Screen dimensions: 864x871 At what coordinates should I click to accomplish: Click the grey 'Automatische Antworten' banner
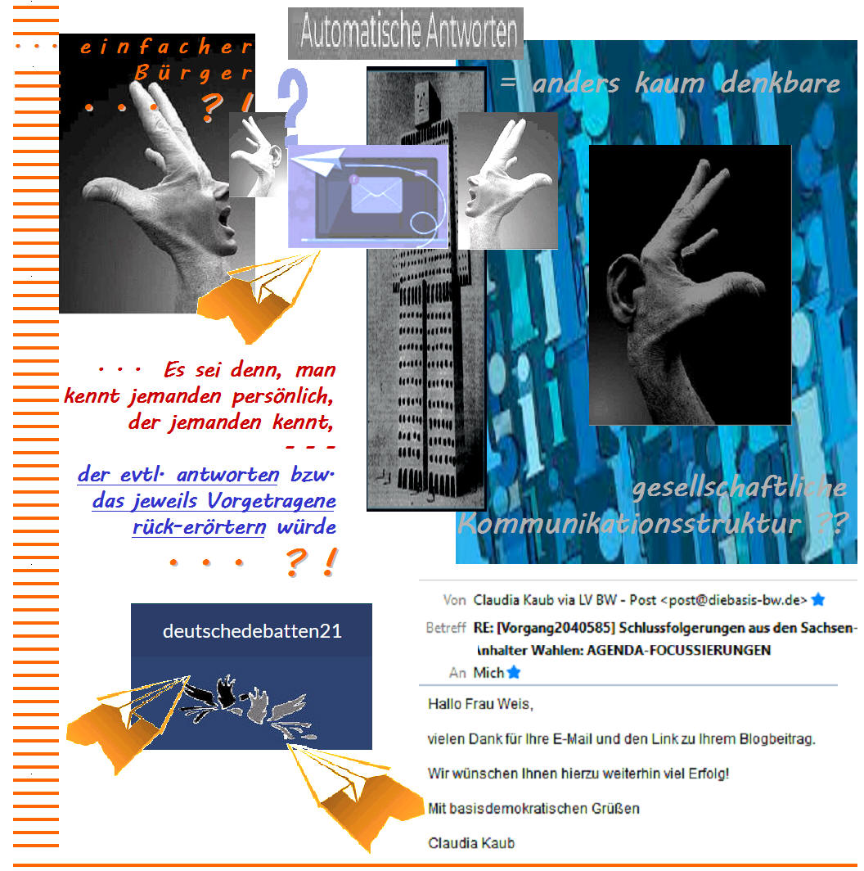tap(405, 33)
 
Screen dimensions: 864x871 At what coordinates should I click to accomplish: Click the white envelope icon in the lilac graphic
tap(376, 195)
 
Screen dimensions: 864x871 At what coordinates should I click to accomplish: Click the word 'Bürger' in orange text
tap(192, 73)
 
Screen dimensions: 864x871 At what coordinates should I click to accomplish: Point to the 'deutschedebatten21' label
tap(252, 631)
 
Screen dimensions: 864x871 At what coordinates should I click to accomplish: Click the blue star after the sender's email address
tap(818, 600)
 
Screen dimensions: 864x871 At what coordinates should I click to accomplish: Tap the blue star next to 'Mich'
tap(514, 673)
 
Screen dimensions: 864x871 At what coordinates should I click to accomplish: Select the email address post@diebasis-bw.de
tap(734, 601)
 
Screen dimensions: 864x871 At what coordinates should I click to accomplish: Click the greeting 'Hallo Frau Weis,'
tap(480, 704)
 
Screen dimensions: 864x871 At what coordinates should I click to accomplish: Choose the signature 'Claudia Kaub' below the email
tap(471, 843)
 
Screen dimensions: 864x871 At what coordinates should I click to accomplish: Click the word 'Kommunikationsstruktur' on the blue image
tap(630, 523)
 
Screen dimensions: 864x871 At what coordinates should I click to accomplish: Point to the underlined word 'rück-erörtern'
tap(199, 526)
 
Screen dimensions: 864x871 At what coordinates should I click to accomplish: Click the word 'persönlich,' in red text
tap(282, 396)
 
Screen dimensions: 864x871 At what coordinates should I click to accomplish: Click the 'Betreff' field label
tap(446, 628)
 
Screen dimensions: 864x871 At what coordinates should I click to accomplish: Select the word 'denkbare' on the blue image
tap(781, 83)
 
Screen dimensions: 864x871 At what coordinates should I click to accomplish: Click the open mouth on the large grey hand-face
tap(225, 217)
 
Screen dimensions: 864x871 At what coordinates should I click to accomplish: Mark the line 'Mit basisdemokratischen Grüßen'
tap(533, 808)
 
